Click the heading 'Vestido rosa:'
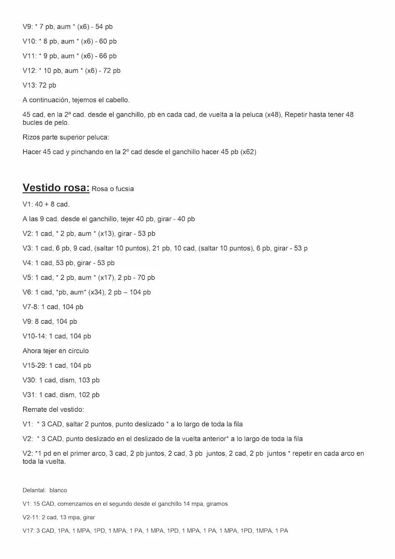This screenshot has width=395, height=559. [56, 188]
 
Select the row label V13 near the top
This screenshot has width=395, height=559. [29, 86]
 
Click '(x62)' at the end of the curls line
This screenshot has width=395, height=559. [248, 152]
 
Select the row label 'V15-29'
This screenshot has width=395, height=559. [34, 366]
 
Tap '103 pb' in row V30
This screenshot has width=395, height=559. [89, 380]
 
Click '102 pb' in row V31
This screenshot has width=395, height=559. [89, 395]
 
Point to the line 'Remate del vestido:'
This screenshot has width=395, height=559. [53, 409]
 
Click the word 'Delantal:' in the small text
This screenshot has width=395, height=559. [34, 490]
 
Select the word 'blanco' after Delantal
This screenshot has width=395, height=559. [58, 490]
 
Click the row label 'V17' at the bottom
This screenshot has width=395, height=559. [28, 530]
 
